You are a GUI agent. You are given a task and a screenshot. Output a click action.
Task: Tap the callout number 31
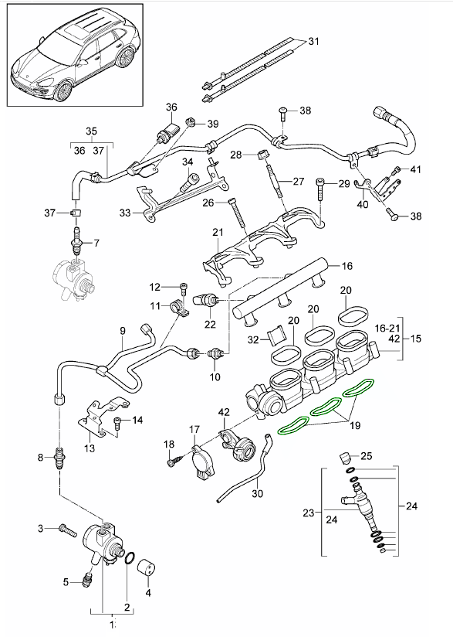[x=313, y=41]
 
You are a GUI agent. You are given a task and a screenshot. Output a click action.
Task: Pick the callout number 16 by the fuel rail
[x=347, y=266]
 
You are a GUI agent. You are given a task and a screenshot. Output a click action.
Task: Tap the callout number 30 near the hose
[x=257, y=492]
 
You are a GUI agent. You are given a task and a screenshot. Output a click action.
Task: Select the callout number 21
[x=218, y=233]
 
